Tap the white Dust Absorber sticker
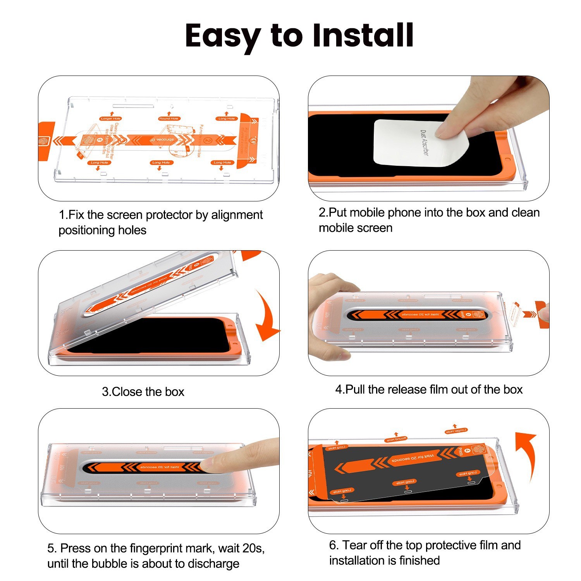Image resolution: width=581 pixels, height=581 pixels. click(420, 143)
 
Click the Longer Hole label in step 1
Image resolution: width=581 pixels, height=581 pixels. click(111, 119)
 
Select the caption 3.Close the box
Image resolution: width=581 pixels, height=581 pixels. click(143, 392)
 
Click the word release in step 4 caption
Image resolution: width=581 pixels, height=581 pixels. click(407, 389)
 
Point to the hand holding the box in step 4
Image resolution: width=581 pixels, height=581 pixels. click(329, 302)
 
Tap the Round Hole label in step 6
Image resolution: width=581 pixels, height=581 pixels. click(396, 439)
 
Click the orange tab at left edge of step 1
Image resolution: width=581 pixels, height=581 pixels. click(46, 141)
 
